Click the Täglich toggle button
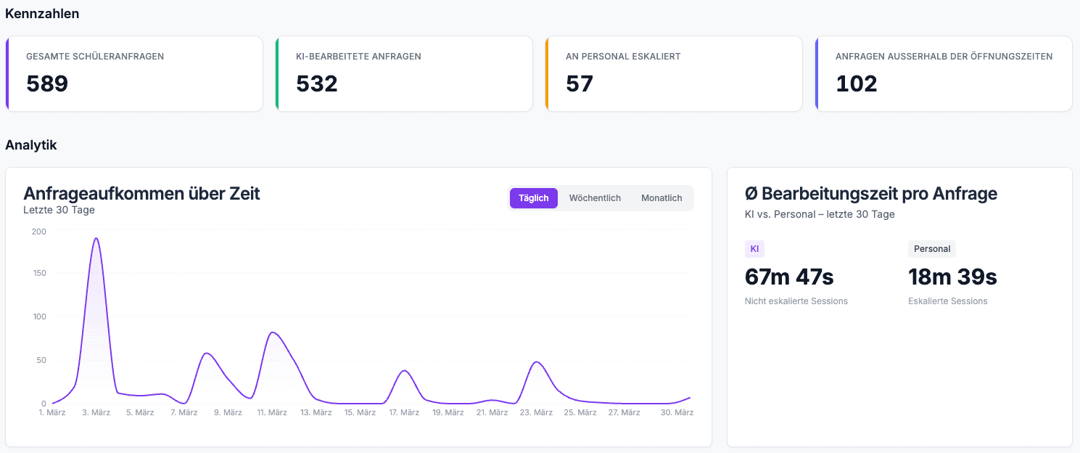533,198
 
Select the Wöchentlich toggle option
595,198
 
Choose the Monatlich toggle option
661,198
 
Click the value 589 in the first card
47,84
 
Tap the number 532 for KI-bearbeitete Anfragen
317,84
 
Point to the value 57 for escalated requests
580,84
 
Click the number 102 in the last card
857,84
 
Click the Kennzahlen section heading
42,14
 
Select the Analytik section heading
31,145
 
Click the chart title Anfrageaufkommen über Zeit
141,194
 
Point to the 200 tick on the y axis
38,232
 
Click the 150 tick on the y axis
38,273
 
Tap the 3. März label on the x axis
96,413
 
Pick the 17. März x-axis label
404,413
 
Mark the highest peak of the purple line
96,238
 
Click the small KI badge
754,249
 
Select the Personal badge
932,249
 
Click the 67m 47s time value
789,277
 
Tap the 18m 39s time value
952,277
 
